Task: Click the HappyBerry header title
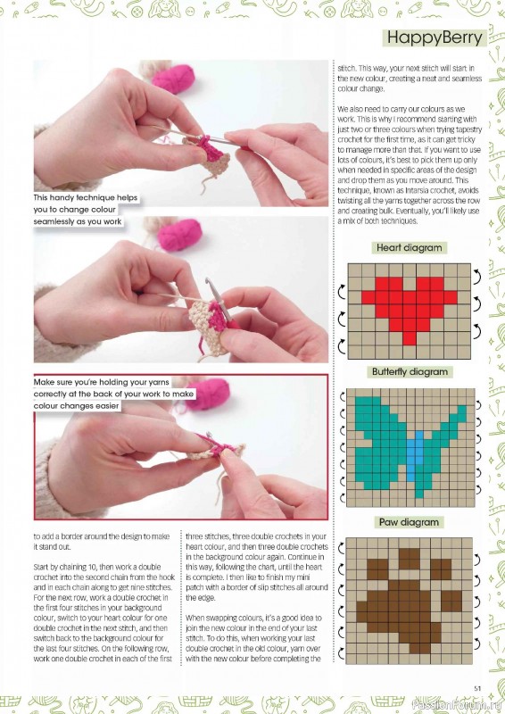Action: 435,37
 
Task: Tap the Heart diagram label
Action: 410,248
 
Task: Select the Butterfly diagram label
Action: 410,371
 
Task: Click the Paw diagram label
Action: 410,522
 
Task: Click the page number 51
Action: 478,686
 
